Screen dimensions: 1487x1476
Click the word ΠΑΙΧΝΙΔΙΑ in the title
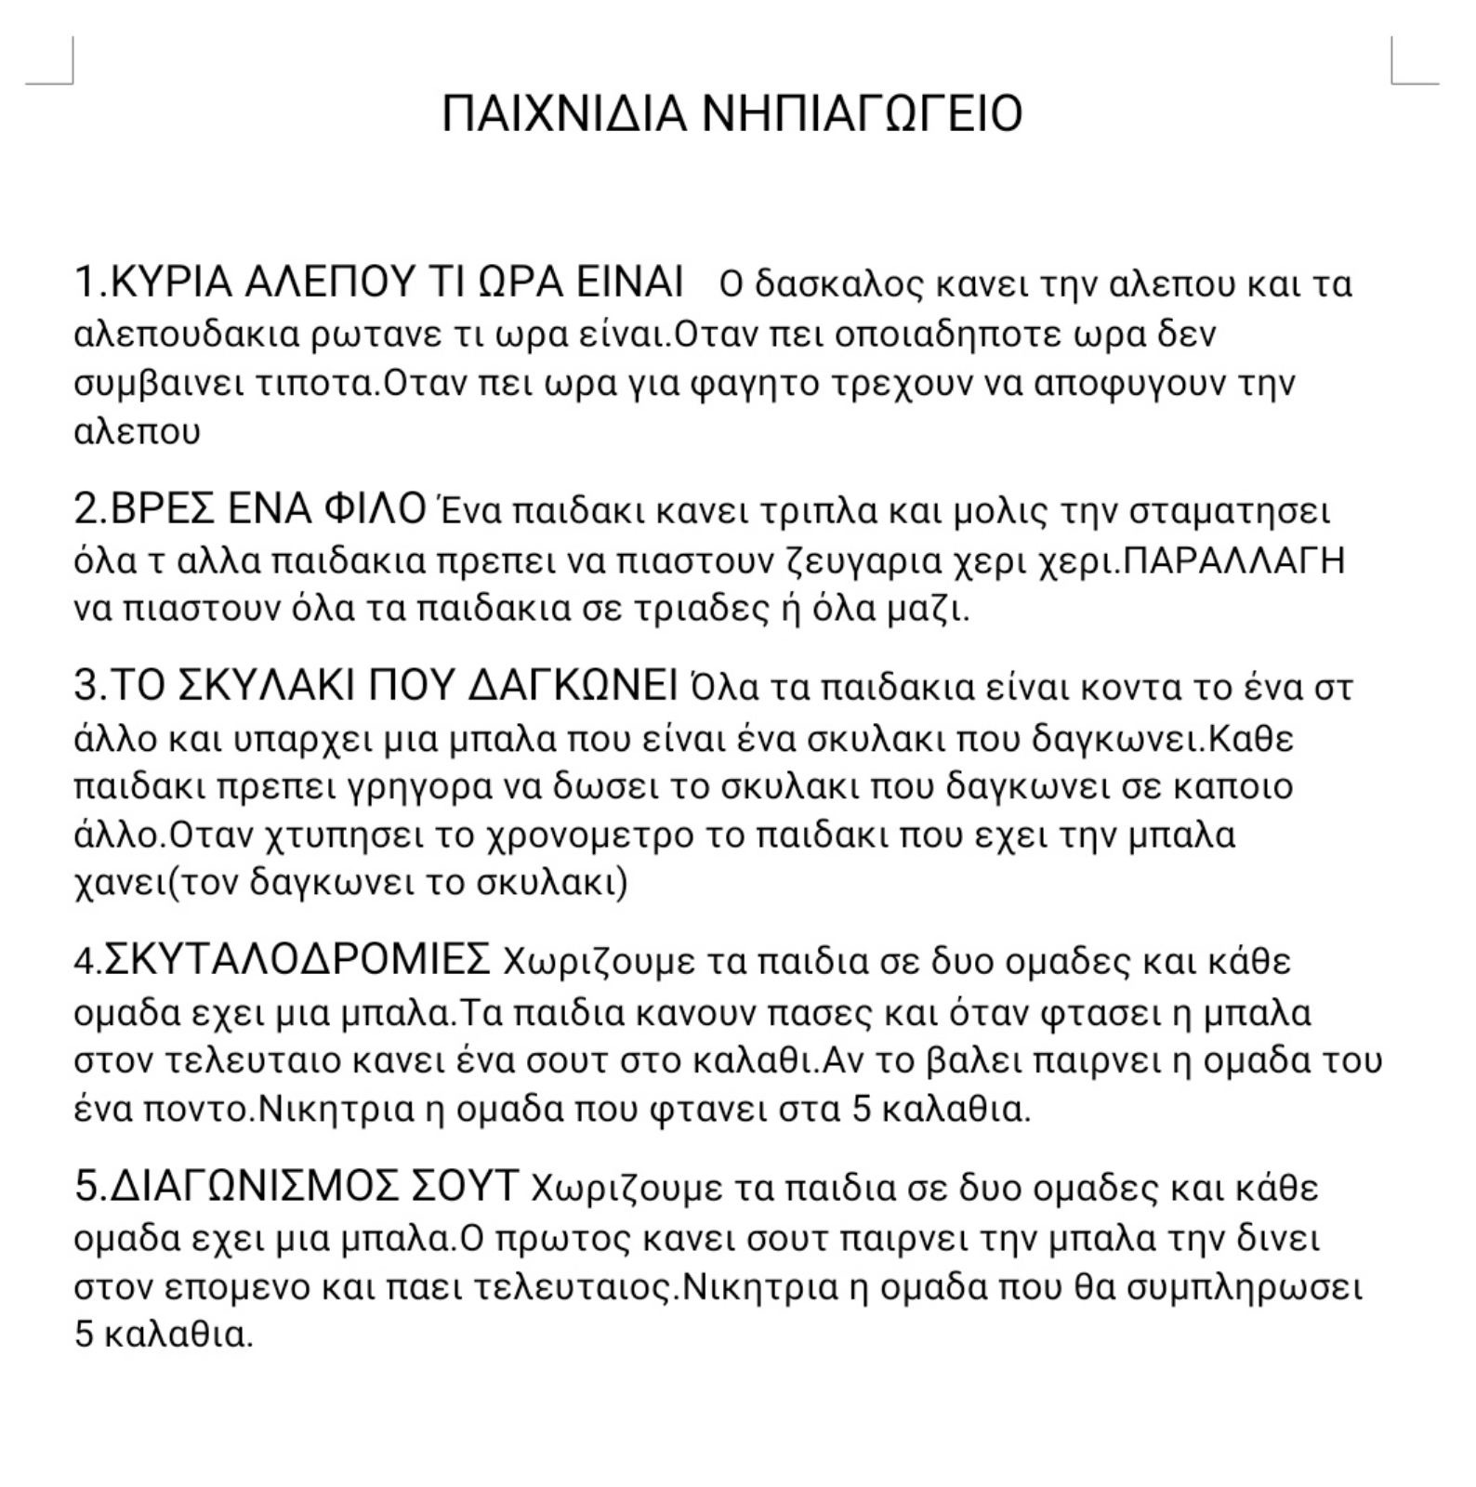click(x=564, y=113)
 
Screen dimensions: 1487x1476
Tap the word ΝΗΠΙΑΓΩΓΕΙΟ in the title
click(x=862, y=113)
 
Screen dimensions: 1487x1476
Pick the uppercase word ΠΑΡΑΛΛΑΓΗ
click(x=1235, y=560)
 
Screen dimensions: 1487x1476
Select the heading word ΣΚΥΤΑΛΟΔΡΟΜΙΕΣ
click(x=297, y=959)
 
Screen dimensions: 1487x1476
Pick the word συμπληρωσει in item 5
click(x=1245, y=1288)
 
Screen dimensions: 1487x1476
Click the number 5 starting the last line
click(x=85, y=1336)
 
